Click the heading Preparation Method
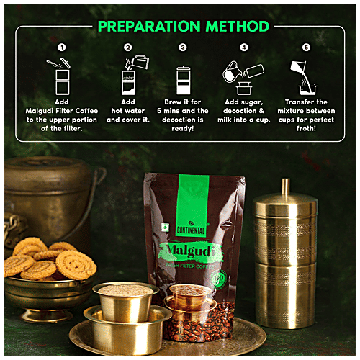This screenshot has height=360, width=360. pos(183,27)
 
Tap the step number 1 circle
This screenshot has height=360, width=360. pos(61,48)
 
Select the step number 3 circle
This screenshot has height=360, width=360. pos(183,48)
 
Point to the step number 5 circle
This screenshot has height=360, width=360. pos(306,48)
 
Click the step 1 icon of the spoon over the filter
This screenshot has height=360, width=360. pos(60,74)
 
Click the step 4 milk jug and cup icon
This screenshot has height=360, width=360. pos(243,76)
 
